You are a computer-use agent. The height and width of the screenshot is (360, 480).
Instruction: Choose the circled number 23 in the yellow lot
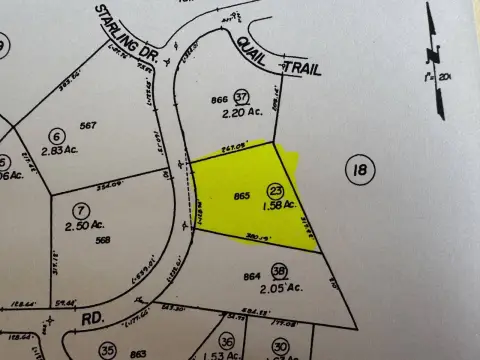(x=274, y=190)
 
